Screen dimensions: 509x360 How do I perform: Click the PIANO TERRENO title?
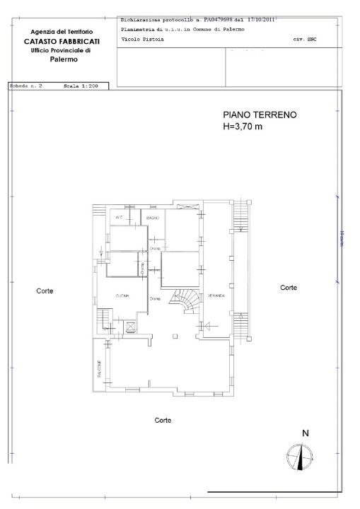260,115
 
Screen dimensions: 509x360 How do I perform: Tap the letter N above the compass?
305,433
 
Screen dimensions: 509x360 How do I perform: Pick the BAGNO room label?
153,219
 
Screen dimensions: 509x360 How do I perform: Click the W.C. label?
120,218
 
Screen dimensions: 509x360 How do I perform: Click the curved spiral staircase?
187,303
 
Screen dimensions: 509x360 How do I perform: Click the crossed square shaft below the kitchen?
129,327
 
